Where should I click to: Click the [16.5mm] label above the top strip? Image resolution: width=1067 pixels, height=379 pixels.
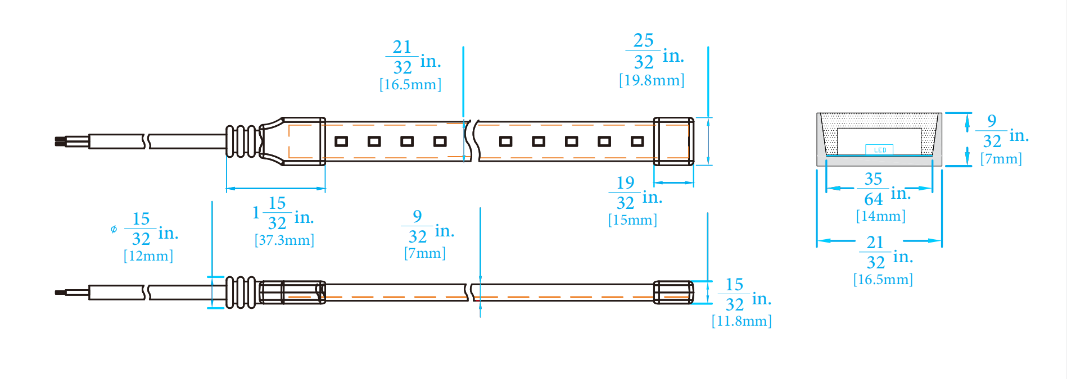410,85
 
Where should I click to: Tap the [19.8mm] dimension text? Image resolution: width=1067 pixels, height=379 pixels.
652,80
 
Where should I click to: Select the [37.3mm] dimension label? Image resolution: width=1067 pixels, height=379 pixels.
284,240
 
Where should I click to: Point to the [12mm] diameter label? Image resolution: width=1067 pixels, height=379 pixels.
148,256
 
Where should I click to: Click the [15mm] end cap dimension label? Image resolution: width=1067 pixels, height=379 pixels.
632,220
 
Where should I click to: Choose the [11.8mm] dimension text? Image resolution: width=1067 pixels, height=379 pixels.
742,321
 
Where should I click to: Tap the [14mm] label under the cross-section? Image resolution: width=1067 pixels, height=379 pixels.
881,216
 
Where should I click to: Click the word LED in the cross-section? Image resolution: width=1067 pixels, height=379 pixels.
880,150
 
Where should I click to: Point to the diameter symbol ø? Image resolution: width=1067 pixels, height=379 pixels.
114,229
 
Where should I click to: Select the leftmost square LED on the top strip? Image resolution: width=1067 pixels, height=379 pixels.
341,141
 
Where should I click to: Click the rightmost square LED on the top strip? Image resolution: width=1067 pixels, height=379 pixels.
637,141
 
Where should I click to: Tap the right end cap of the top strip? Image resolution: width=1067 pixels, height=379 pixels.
673,141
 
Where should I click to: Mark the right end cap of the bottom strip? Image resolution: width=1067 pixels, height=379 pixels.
673,293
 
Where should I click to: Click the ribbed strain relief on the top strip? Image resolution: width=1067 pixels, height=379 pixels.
242,141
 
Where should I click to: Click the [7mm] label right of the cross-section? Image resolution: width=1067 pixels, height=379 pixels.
1001,159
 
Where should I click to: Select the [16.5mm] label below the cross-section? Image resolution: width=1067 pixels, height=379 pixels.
883,280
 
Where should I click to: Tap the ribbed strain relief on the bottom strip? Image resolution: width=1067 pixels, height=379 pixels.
241,293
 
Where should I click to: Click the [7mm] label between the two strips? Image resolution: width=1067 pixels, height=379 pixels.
425,253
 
